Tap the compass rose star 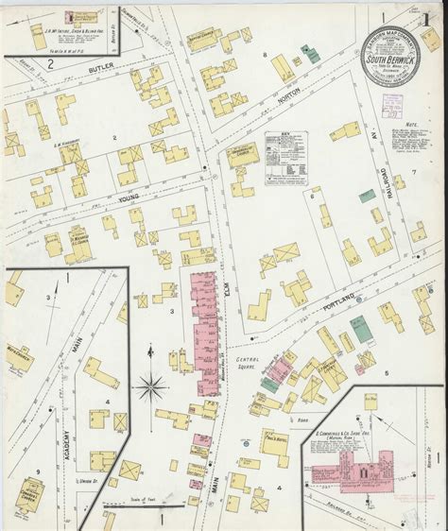click(x=151, y=385)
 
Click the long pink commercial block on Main click(x=204, y=321)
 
